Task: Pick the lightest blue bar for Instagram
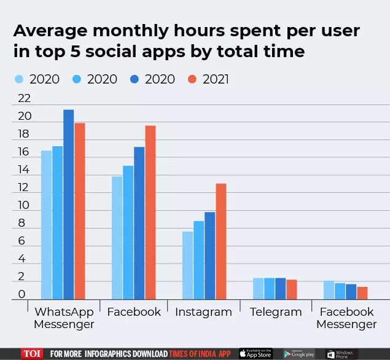(x=187, y=265)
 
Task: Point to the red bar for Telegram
(x=292, y=289)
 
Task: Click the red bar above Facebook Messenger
(x=362, y=293)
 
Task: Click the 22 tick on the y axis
(x=24, y=99)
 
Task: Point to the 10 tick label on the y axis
(x=24, y=205)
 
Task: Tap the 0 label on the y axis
(x=22, y=294)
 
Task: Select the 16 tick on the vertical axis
(x=24, y=152)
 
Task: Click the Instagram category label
(x=203, y=312)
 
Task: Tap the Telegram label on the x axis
(x=276, y=312)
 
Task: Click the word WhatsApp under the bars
(x=64, y=312)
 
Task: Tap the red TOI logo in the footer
(x=32, y=354)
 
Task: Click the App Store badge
(x=255, y=354)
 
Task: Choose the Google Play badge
(x=299, y=354)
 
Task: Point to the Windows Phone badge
(x=342, y=354)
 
